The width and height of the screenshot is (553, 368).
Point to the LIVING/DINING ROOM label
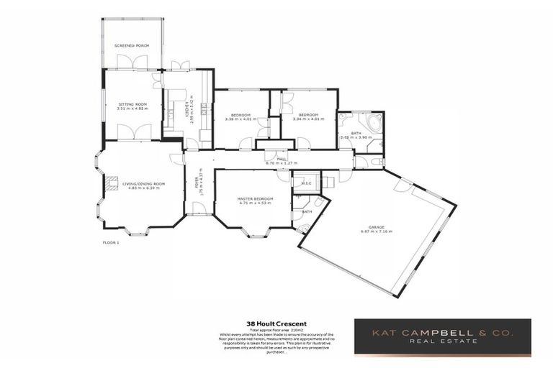pyautogui.click(x=143, y=184)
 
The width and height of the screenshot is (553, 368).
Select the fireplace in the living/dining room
pyautogui.click(x=109, y=184)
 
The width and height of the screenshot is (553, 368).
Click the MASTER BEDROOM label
pyautogui.click(x=256, y=198)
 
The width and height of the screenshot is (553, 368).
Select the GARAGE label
pyautogui.click(x=376, y=229)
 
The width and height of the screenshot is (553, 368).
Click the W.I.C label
pyautogui.click(x=306, y=183)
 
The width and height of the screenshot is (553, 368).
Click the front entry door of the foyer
pyautogui.click(x=199, y=208)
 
